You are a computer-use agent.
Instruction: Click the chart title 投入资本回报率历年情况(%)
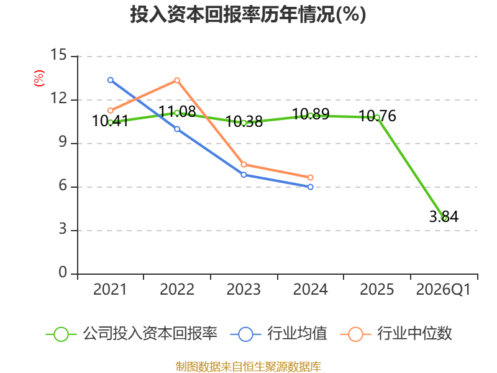coord(248,14)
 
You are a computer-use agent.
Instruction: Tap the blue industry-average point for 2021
coord(111,80)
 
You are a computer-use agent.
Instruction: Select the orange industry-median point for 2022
coord(177,80)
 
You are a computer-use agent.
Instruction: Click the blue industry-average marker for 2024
coord(310,187)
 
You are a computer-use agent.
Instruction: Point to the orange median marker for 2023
coord(244,164)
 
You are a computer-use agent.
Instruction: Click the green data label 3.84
coord(444,216)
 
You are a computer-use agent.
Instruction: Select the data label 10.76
coord(377,116)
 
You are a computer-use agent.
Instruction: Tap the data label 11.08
coord(177,111)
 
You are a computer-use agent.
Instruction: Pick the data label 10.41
coord(110,121)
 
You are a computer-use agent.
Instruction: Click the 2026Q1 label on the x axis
coord(444,289)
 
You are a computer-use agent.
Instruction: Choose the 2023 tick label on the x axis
coord(244,289)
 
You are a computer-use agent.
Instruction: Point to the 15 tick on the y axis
coord(58,55)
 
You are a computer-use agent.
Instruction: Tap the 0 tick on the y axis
coord(63,272)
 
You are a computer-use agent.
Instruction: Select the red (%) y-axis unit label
coord(39,78)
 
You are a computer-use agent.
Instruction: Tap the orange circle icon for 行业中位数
coord(355,334)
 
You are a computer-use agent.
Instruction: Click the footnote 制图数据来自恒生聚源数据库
coord(248,366)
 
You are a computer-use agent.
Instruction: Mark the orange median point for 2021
coord(111,111)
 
